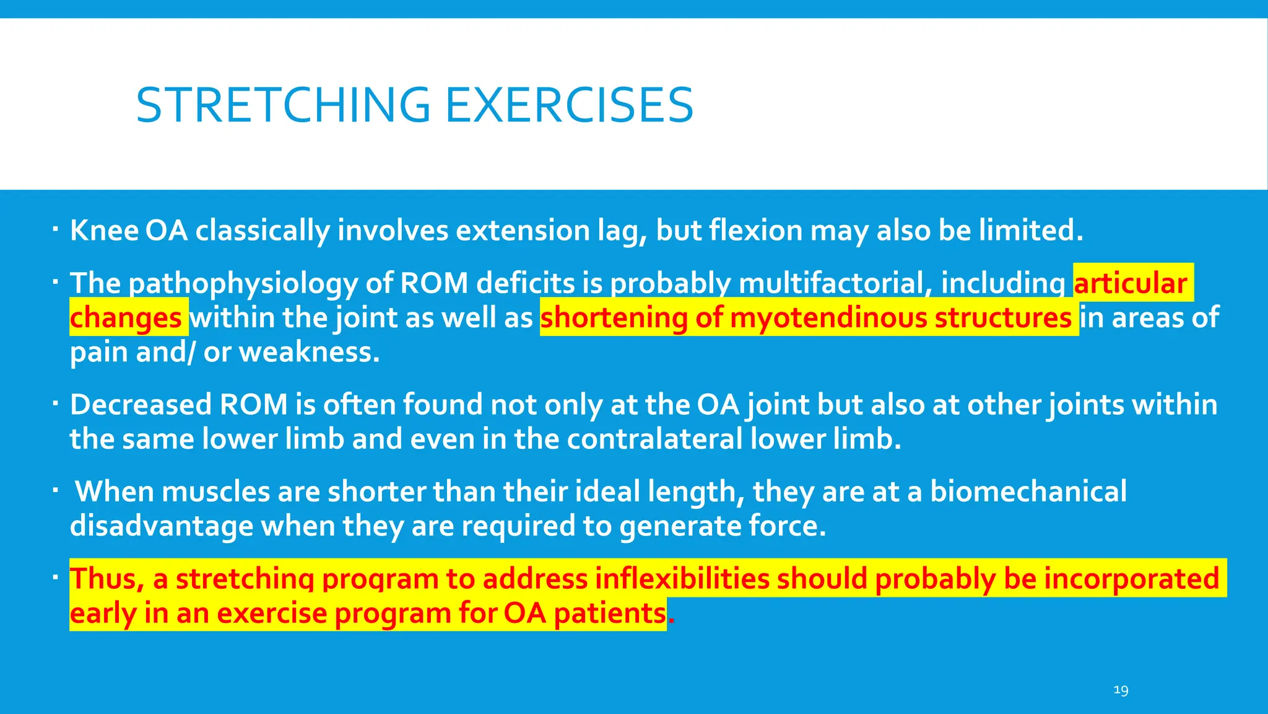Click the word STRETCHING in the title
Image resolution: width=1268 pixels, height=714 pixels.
coord(283,105)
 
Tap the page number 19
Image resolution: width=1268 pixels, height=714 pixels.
coord(1121,690)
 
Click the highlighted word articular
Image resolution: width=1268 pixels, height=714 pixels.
coord(1130,283)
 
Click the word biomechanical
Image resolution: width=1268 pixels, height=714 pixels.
coord(1028,491)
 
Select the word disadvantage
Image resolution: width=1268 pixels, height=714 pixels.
coord(162,526)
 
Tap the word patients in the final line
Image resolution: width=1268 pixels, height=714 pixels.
coord(609,614)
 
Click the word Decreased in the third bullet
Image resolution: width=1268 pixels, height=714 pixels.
coord(141,405)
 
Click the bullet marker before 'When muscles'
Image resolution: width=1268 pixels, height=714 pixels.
coord(55,491)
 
